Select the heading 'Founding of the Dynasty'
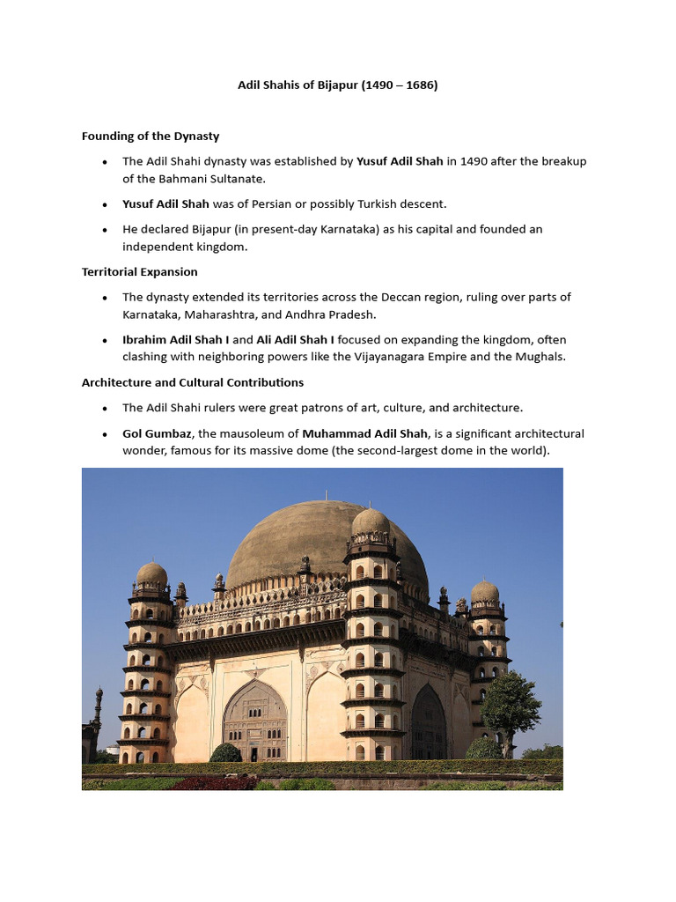point(151,136)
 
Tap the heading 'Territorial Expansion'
point(139,271)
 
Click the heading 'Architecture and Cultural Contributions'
point(193,382)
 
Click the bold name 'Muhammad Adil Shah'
point(364,433)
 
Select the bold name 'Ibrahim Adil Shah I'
point(176,339)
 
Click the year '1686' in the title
point(419,85)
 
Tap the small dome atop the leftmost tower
point(151,574)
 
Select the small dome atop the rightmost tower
point(485,592)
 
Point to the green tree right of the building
point(510,705)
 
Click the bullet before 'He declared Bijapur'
point(105,230)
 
